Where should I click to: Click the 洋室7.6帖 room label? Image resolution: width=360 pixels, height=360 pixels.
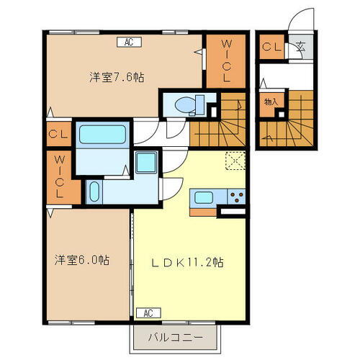(116, 77)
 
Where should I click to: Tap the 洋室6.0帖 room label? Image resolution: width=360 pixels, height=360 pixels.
(80, 260)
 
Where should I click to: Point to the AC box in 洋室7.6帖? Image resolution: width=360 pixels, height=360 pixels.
(128, 42)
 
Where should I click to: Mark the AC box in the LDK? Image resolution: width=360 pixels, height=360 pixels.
(148, 312)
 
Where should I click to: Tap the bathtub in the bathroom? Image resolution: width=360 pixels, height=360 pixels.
(102, 134)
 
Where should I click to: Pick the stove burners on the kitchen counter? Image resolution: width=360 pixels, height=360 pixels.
(235, 197)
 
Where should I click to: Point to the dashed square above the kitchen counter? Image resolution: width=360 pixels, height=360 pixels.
(235, 161)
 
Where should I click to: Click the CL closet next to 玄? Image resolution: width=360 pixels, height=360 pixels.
(271, 48)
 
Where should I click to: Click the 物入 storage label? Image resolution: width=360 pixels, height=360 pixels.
(271, 102)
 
